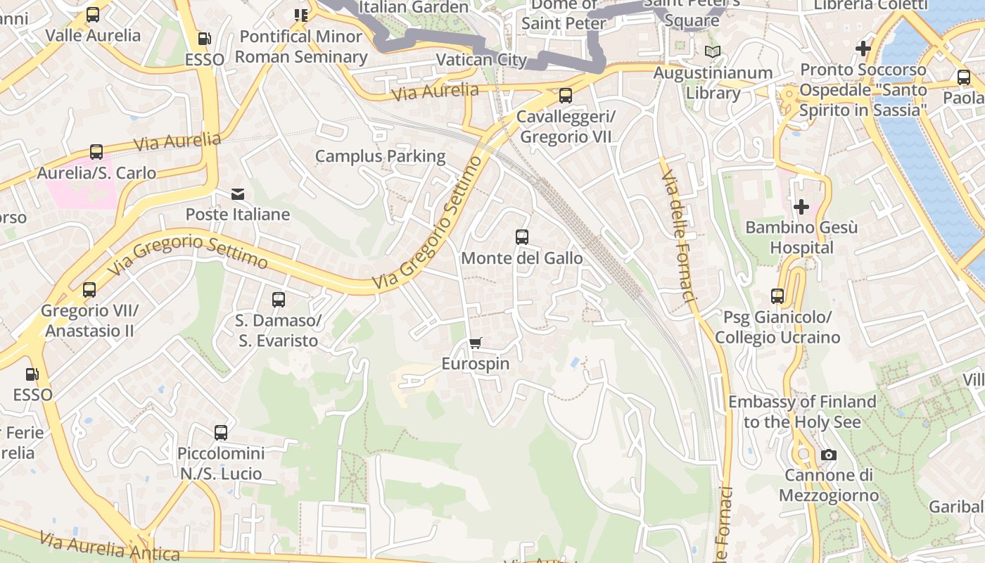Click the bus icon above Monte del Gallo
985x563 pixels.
521,237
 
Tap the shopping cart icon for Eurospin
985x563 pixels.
476,343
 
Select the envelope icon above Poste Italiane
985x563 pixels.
238,194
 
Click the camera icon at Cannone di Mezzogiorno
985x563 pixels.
829,455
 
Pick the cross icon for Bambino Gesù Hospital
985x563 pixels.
801,207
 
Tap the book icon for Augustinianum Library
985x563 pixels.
713,52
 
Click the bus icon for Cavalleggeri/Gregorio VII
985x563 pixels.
565,96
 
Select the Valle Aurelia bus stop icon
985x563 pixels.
93,15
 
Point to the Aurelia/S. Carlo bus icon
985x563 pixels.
96,152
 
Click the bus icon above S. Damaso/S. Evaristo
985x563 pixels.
279,300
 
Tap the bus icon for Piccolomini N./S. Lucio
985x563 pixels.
221,433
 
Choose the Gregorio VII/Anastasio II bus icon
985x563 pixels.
89,290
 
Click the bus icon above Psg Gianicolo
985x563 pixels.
777,296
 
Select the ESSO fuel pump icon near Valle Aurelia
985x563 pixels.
204,39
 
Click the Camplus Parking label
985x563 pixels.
380,156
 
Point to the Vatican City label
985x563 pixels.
481,60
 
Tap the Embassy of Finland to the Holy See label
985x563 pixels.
802,412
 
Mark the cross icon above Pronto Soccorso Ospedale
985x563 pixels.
863,49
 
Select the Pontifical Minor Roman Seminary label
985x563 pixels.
301,46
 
